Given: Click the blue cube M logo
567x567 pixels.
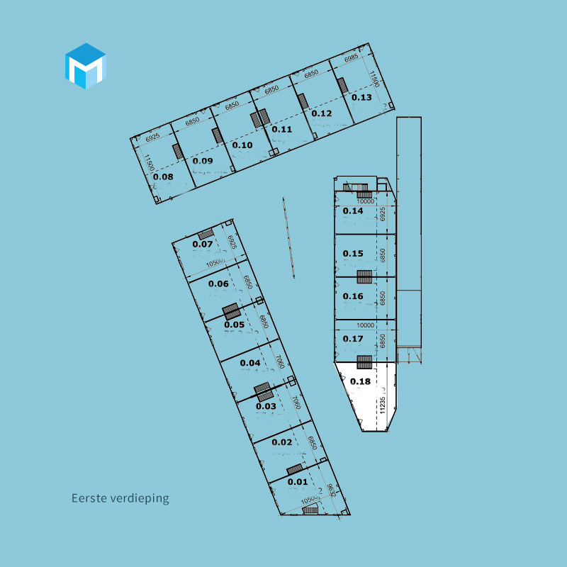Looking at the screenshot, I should (x=85, y=66).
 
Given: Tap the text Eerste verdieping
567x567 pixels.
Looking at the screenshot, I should (x=120, y=498).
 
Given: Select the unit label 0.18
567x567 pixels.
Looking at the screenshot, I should (x=360, y=381).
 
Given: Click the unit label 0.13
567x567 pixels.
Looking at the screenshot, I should (x=361, y=98).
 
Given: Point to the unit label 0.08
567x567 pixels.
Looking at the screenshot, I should (x=163, y=176).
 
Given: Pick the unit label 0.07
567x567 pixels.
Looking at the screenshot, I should (x=203, y=245).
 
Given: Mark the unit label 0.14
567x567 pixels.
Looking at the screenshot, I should (x=353, y=211).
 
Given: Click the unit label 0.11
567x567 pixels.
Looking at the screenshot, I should (x=282, y=129).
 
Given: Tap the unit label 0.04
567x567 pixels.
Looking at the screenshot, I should (x=250, y=363).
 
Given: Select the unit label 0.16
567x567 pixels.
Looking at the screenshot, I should (x=353, y=296).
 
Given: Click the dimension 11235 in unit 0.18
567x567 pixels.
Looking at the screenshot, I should (x=383, y=400).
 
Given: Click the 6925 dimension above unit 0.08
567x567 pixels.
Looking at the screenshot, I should (x=147, y=133).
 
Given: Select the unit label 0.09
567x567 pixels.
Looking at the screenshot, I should (x=203, y=161).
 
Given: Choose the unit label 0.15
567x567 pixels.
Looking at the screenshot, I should (x=353, y=254).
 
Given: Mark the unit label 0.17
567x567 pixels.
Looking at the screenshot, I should (x=353, y=339).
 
